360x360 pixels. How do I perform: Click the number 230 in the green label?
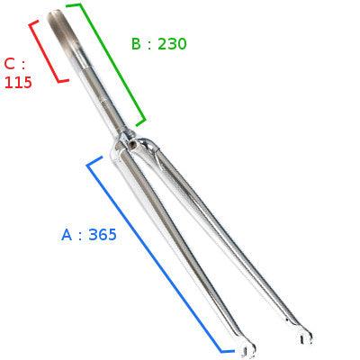point(172,44)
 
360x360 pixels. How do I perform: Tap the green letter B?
point(136,44)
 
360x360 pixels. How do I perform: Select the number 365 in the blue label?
point(103,235)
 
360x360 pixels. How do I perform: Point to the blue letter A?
point(67,235)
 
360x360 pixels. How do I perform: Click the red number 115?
point(18,82)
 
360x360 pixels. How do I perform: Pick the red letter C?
point(10,64)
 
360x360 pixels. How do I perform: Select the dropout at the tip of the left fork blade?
point(247,349)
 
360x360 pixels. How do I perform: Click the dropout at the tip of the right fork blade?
point(306,337)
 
